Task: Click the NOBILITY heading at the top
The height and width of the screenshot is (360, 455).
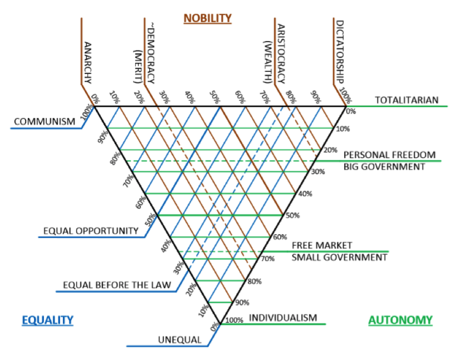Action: (207, 18)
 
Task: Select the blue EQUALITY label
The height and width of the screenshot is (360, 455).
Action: (47, 320)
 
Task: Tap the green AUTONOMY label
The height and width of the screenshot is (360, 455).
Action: (400, 320)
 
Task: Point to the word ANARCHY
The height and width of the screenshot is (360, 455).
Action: (88, 61)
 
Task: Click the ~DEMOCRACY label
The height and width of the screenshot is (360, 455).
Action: (151, 47)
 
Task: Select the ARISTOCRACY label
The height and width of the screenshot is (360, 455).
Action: (281, 50)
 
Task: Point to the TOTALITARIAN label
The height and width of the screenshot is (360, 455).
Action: (407, 101)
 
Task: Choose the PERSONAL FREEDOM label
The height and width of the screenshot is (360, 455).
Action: (389, 155)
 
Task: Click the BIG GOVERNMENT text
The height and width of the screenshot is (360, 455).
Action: (384, 166)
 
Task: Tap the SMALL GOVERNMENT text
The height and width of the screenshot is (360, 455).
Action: (339, 258)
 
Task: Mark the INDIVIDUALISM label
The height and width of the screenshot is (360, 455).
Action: (282, 318)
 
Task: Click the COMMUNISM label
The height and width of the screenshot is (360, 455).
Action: (44, 121)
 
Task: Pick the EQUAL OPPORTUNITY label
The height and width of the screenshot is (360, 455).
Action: (91, 230)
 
